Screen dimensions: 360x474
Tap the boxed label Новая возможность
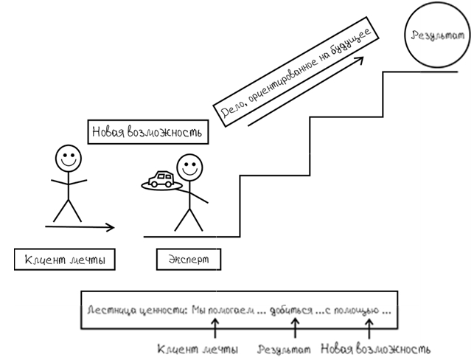(147, 133)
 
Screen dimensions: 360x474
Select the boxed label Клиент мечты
(66, 260)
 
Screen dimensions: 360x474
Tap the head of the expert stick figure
(190, 167)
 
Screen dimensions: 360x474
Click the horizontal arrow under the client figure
(80, 226)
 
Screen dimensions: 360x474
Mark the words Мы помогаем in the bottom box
(219, 311)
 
